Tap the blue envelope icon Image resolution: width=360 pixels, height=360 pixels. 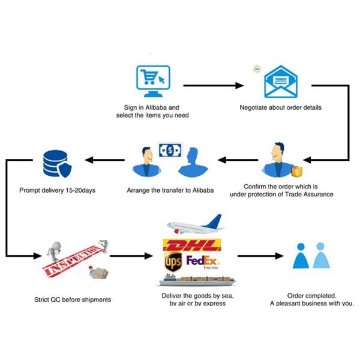[x=280, y=82]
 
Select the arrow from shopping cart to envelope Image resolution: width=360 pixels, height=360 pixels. [x=213, y=86]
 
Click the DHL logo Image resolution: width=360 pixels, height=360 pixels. [x=191, y=246]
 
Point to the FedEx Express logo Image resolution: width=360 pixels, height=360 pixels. [x=203, y=262]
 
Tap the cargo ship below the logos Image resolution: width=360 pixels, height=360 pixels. [x=197, y=280]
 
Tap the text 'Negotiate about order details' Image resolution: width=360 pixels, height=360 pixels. [x=280, y=108]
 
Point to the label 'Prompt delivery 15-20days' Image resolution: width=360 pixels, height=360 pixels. [x=58, y=191]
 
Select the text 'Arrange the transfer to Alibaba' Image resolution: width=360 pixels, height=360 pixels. [x=170, y=191]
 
